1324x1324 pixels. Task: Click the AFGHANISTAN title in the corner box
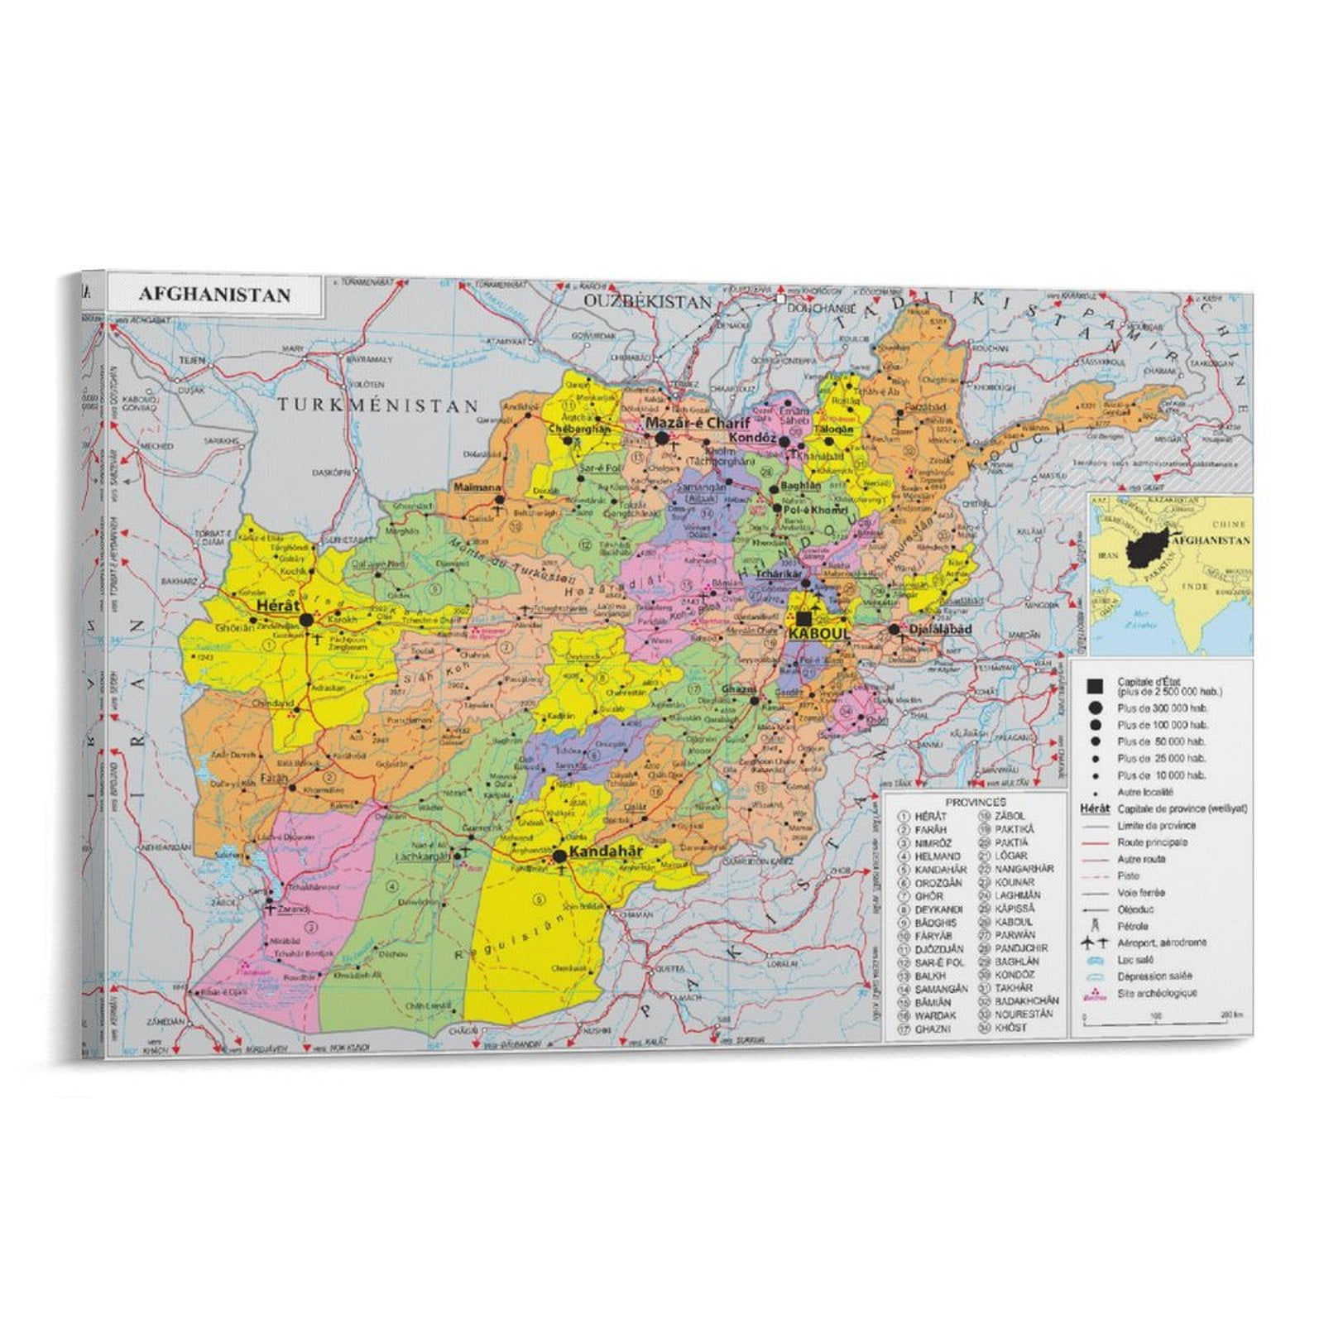(x=214, y=295)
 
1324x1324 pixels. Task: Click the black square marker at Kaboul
(x=804, y=618)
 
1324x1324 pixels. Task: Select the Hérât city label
(x=277, y=606)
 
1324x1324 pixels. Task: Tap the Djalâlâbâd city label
(x=942, y=629)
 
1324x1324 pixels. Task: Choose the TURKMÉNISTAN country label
(x=377, y=405)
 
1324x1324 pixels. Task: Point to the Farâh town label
(x=274, y=779)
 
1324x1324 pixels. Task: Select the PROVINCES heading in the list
(x=976, y=802)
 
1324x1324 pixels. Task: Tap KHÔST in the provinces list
(x=1011, y=1027)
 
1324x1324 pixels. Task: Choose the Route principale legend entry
(x=1152, y=842)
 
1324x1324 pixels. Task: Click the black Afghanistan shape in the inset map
(x=1148, y=547)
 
